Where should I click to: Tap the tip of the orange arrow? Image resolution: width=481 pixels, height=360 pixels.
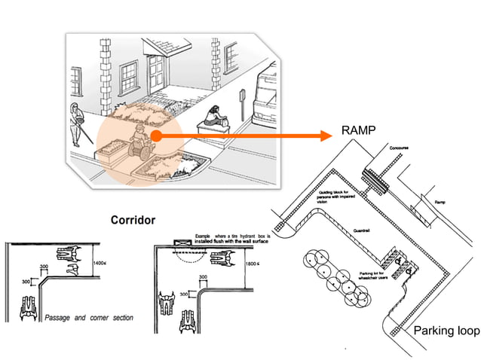click(329, 136)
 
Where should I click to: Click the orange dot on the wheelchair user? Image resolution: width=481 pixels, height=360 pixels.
click(154, 136)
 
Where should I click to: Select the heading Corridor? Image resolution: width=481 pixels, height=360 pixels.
click(133, 221)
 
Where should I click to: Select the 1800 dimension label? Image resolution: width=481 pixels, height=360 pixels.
click(253, 264)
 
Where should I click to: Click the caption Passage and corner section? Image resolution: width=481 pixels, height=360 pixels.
click(87, 318)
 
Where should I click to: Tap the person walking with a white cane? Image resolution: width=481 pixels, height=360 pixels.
click(77, 125)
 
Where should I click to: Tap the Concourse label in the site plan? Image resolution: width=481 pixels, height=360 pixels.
click(399, 149)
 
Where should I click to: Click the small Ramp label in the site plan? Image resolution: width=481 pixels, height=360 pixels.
click(439, 203)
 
